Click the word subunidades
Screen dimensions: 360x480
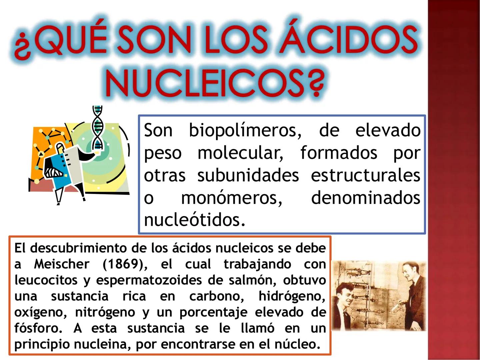(248, 176)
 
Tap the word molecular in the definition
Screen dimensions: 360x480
(240, 153)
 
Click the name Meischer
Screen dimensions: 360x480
(62, 264)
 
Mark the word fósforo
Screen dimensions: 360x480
(38, 328)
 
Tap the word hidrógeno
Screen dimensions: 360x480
(292, 296)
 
